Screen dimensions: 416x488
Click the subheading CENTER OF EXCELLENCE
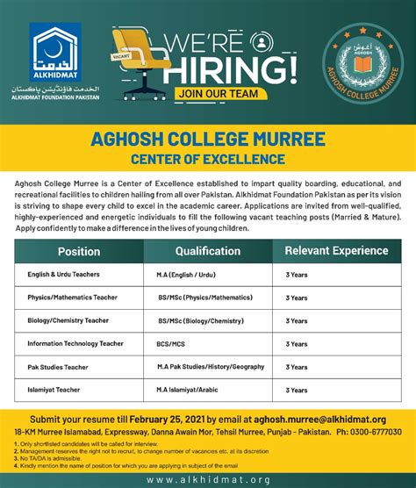[207, 160]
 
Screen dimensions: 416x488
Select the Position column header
[79, 251]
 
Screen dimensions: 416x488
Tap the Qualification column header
[208, 250]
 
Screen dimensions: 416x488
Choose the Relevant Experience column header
[335, 250]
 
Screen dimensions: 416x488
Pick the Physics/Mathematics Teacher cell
[72, 298]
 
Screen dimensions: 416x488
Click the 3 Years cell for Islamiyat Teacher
[297, 388]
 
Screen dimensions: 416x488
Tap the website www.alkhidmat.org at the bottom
[207, 479]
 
